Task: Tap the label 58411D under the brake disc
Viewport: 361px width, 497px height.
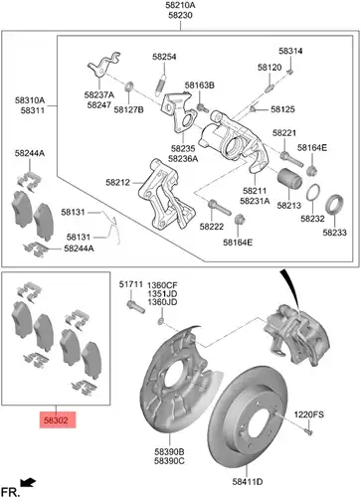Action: point(248,482)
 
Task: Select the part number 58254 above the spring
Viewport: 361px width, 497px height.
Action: point(164,57)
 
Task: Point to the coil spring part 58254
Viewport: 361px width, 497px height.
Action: point(161,83)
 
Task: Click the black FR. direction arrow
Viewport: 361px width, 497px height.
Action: point(28,482)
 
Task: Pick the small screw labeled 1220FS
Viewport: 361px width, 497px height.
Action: point(309,431)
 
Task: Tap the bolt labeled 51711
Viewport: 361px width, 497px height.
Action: point(136,306)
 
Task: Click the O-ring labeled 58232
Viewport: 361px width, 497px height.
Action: point(312,193)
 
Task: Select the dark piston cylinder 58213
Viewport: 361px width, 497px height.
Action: point(289,180)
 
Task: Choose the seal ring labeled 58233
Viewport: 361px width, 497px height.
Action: point(333,206)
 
